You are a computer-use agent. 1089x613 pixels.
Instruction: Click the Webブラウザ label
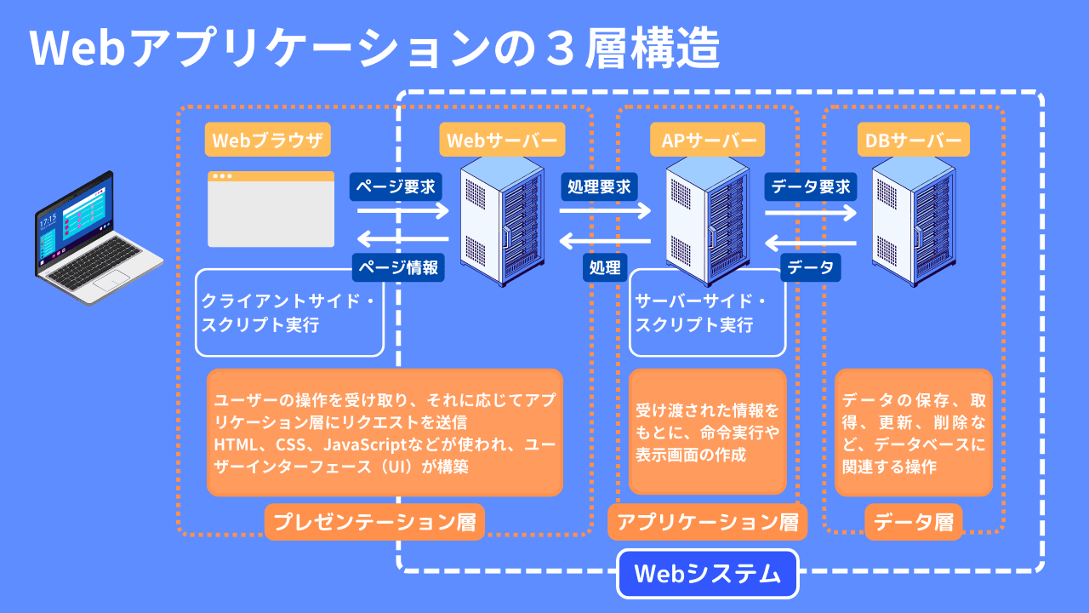coord(268,140)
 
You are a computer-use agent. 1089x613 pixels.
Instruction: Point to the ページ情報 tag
coord(399,266)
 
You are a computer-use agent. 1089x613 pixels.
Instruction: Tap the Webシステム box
coord(708,574)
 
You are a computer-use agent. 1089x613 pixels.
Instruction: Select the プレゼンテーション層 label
coord(374,522)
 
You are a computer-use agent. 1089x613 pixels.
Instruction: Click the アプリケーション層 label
coord(707,522)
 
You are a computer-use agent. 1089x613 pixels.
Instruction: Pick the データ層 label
coord(914,522)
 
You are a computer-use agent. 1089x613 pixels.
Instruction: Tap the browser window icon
coord(271,209)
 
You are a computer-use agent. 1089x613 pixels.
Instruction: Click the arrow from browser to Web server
coord(402,209)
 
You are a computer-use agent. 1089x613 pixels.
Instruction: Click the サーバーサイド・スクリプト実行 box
coord(707,313)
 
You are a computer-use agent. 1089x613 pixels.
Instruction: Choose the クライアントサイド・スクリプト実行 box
coord(289,313)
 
